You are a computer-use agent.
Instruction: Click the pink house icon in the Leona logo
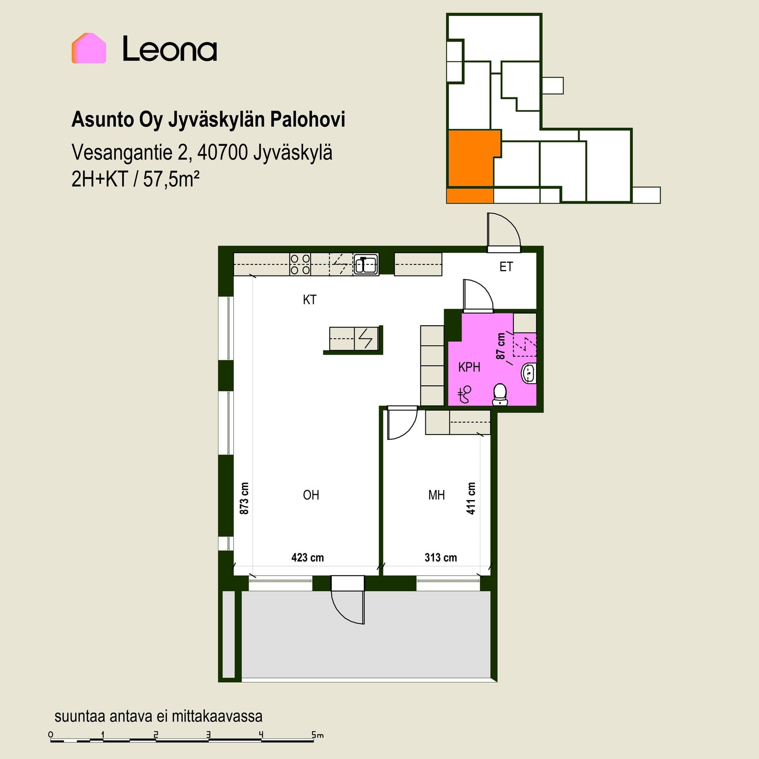pos(89,48)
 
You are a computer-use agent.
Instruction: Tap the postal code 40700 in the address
pos(223,152)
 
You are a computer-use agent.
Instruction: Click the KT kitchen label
pos(310,300)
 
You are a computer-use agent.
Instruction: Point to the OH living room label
pos(311,495)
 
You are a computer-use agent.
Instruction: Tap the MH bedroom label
pos(436,495)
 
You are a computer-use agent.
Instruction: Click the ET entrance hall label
pos(506,267)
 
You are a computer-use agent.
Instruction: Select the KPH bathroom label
pos(469,367)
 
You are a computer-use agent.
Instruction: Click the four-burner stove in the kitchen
pos(300,264)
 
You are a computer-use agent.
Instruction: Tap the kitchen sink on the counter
pos(366,264)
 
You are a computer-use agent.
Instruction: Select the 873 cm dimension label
pos(244,498)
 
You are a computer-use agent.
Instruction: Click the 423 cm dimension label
pos(308,557)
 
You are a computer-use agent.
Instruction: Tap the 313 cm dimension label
pos(441,557)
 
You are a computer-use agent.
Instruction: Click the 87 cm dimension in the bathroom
pos(500,346)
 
